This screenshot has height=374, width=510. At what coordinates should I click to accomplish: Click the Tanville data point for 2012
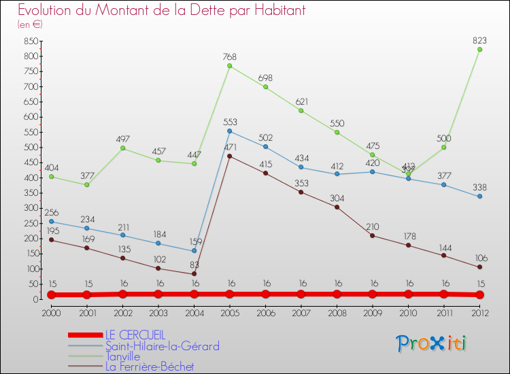[x=479, y=49]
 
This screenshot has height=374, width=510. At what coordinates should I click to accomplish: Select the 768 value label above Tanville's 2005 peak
[x=229, y=57]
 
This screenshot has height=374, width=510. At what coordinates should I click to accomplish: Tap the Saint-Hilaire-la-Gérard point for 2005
[x=229, y=131]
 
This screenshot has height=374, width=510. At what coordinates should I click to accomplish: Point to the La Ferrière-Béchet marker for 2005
[x=229, y=156]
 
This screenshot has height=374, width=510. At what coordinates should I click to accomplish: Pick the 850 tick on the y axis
[x=29, y=41]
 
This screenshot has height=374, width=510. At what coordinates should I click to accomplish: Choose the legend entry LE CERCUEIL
[x=134, y=335]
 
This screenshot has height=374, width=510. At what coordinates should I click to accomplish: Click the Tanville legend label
[x=122, y=356]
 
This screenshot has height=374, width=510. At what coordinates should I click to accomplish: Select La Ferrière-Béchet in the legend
[x=149, y=367]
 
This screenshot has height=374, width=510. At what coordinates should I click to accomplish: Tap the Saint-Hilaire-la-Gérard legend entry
[x=162, y=346]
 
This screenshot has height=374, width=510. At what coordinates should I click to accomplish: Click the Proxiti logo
[x=432, y=343]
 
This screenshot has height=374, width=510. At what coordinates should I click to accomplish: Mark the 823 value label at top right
[x=479, y=39]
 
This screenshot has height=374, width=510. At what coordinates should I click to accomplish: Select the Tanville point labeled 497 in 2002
[x=122, y=148]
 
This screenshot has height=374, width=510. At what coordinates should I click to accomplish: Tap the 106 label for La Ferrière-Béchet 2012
[x=479, y=258]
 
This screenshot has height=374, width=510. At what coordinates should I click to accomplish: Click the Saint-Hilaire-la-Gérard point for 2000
[x=51, y=221]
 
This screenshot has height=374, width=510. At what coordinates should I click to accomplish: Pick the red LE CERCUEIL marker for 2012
[x=479, y=294]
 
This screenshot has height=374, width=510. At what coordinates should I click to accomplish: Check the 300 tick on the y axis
[x=29, y=208]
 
